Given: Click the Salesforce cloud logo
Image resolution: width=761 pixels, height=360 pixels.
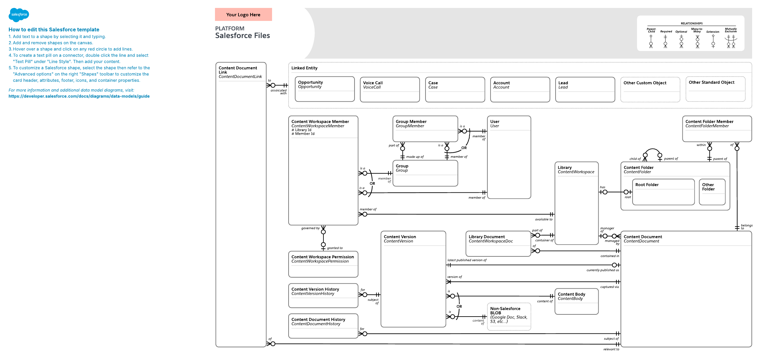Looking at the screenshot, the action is pos(19,15).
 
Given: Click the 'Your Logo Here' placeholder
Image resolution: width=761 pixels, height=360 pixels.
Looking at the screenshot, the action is pos(243,15).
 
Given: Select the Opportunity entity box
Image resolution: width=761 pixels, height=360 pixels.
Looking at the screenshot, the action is pos(325,89).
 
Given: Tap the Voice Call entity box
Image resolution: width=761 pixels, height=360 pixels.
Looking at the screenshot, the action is pos(390,90).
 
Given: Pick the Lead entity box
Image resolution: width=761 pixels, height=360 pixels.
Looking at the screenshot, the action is pos(585,90).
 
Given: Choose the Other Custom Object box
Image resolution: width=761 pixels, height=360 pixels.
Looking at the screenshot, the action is pos(650,90).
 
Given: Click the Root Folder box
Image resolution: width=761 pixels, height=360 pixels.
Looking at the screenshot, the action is pos(663,192).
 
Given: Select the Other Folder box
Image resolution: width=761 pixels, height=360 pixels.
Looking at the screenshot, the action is pos(712,192).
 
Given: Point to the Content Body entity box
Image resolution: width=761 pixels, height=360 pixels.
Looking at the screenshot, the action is pos(576,301).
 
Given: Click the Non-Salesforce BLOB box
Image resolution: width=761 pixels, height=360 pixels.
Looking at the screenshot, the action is pos(509,317).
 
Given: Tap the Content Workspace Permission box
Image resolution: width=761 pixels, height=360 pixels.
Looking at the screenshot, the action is pos(323,264).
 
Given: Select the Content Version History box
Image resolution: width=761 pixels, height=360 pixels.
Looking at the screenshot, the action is pos(323,296).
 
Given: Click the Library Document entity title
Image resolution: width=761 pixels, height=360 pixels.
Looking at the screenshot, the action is pos(487,237).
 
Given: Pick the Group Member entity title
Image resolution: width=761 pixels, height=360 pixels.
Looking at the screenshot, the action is pos(411,122).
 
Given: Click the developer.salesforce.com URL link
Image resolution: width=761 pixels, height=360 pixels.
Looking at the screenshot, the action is pos(79,96).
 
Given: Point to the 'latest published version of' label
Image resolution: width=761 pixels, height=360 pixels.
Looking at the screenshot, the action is pos(467,260).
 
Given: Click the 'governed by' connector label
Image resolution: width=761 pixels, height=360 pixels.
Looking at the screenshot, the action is pos(310,228).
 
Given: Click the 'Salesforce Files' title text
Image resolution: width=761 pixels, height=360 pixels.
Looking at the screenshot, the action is pos(243,35).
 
